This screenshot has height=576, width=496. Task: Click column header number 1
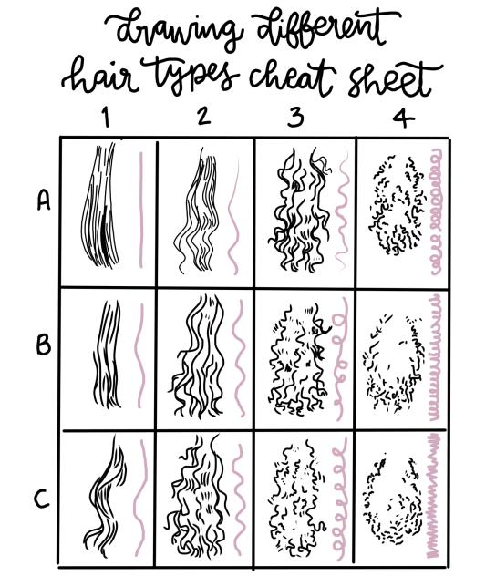pos(107,118)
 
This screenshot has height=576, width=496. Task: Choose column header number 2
pos(202,118)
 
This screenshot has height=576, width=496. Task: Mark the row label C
pos(42,499)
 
